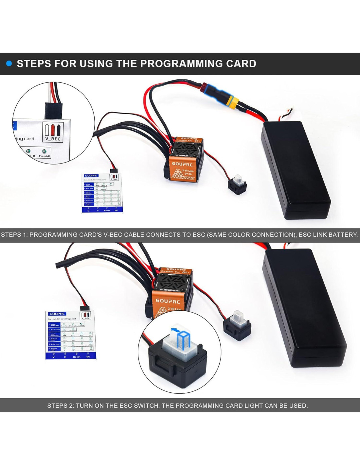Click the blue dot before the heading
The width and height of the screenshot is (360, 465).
[x=9, y=63]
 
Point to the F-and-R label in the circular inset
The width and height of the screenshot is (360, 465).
[x=45, y=156]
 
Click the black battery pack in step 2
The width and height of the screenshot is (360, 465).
[x=304, y=307]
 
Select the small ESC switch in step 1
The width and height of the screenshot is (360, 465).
[x=237, y=185]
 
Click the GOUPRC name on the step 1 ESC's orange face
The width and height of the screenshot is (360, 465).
[x=182, y=164]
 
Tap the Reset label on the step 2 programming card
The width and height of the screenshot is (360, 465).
[x=77, y=357]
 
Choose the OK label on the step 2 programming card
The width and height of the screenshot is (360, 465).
[x=88, y=357]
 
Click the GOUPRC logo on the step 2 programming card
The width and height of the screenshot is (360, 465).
[x=57, y=314]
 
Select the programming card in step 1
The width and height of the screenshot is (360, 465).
[x=102, y=193]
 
